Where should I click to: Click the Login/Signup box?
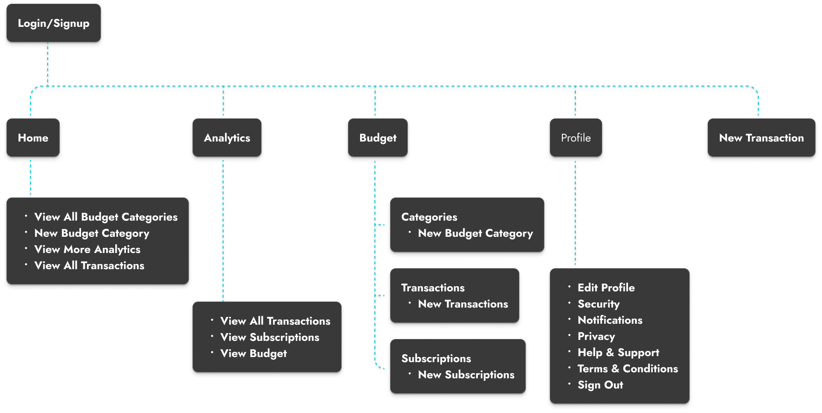point(53,24)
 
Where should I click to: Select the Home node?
point(33,138)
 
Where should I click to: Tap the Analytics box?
point(227,138)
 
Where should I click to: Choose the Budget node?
point(378,138)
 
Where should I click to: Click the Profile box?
point(575,138)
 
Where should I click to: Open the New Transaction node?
point(761,138)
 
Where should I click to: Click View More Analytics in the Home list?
point(87,249)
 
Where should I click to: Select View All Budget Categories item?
point(106,217)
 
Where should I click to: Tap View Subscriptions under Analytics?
point(269,337)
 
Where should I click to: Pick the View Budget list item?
point(253,353)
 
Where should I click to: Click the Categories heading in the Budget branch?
point(429,217)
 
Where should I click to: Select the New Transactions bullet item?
point(463,304)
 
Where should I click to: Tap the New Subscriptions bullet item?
point(466,375)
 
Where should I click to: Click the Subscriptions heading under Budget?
point(436,358)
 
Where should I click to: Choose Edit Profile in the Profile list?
point(606,288)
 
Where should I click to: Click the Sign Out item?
point(600,385)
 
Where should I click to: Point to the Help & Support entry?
point(618,352)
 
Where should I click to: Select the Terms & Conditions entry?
point(627,369)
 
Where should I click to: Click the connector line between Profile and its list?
point(575,213)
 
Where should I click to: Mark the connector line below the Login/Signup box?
point(48,65)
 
